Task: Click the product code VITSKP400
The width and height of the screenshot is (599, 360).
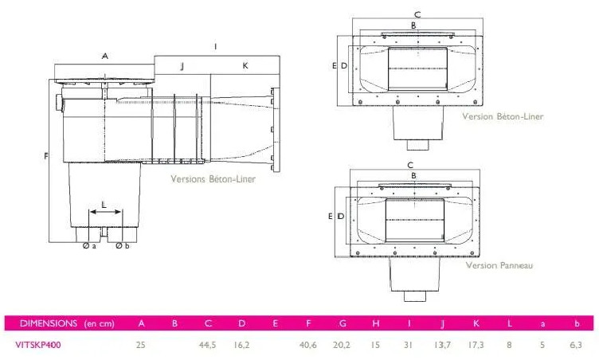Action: point(37,345)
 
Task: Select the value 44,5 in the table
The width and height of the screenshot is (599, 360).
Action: point(207,345)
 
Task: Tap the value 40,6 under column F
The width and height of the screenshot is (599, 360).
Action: point(308,345)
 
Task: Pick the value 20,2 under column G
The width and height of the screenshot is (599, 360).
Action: point(342,345)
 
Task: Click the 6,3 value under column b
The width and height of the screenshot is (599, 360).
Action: point(576,345)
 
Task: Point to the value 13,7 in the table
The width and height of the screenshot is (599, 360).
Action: point(442,345)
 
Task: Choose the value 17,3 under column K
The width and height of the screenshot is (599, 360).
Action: point(476,345)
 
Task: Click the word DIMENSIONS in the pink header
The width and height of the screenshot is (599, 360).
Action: point(49,323)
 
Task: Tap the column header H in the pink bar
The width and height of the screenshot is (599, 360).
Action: point(375,323)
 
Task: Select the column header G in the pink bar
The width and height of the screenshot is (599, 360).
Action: point(343,323)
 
